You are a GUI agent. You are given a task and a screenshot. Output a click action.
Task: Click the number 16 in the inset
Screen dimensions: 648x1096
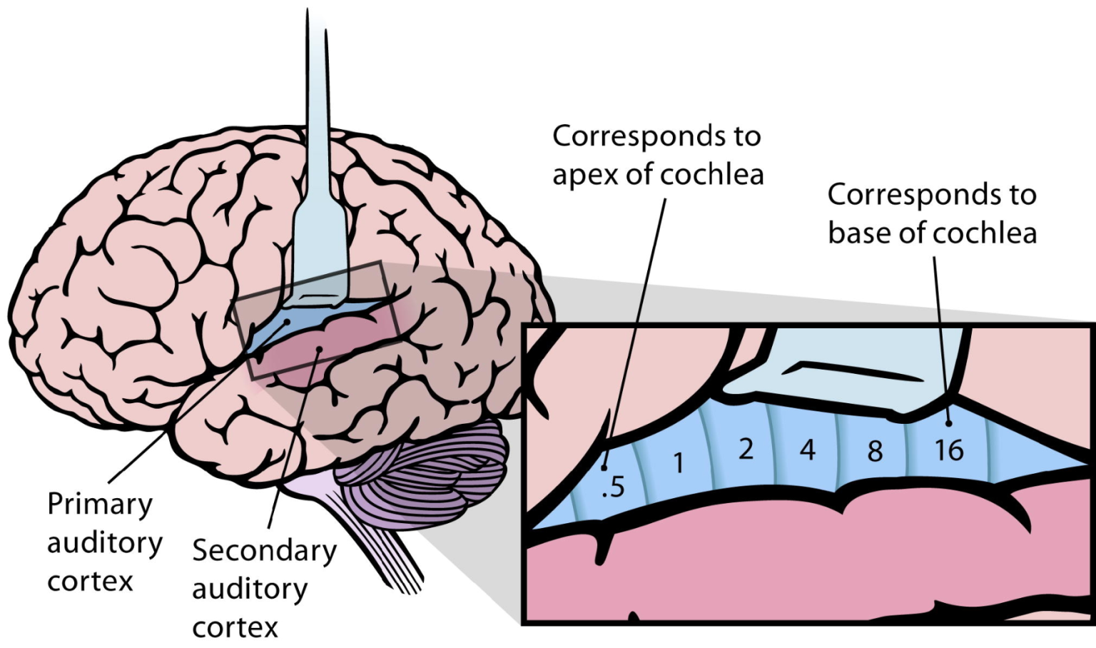tap(949, 450)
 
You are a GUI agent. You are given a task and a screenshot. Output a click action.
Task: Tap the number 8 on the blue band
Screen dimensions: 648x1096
tap(875, 451)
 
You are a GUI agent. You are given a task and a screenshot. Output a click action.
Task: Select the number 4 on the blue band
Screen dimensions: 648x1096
tap(807, 450)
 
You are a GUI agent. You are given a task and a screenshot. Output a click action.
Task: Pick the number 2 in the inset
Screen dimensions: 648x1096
tap(746, 449)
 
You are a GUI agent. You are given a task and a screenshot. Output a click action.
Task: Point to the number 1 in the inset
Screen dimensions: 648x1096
tap(679, 463)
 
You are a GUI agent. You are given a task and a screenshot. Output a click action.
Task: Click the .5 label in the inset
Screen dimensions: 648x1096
tap(613, 487)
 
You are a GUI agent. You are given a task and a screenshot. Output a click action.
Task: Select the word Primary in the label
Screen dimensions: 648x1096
tap(100, 504)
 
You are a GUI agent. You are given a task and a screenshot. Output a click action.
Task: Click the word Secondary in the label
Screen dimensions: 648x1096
tap(264, 551)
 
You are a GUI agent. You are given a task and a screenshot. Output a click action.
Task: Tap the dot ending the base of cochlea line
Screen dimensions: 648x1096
tap(949, 423)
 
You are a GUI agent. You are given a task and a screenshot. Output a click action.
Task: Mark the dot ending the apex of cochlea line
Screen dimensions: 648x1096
tap(604, 468)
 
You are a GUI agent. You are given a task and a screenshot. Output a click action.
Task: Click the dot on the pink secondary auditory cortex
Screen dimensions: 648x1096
tap(320, 348)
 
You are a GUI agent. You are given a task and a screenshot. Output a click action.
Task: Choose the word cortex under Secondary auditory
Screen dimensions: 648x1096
tap(235, 627)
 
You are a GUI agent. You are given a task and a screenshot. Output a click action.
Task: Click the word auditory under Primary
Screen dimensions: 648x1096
tap(105, 543)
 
